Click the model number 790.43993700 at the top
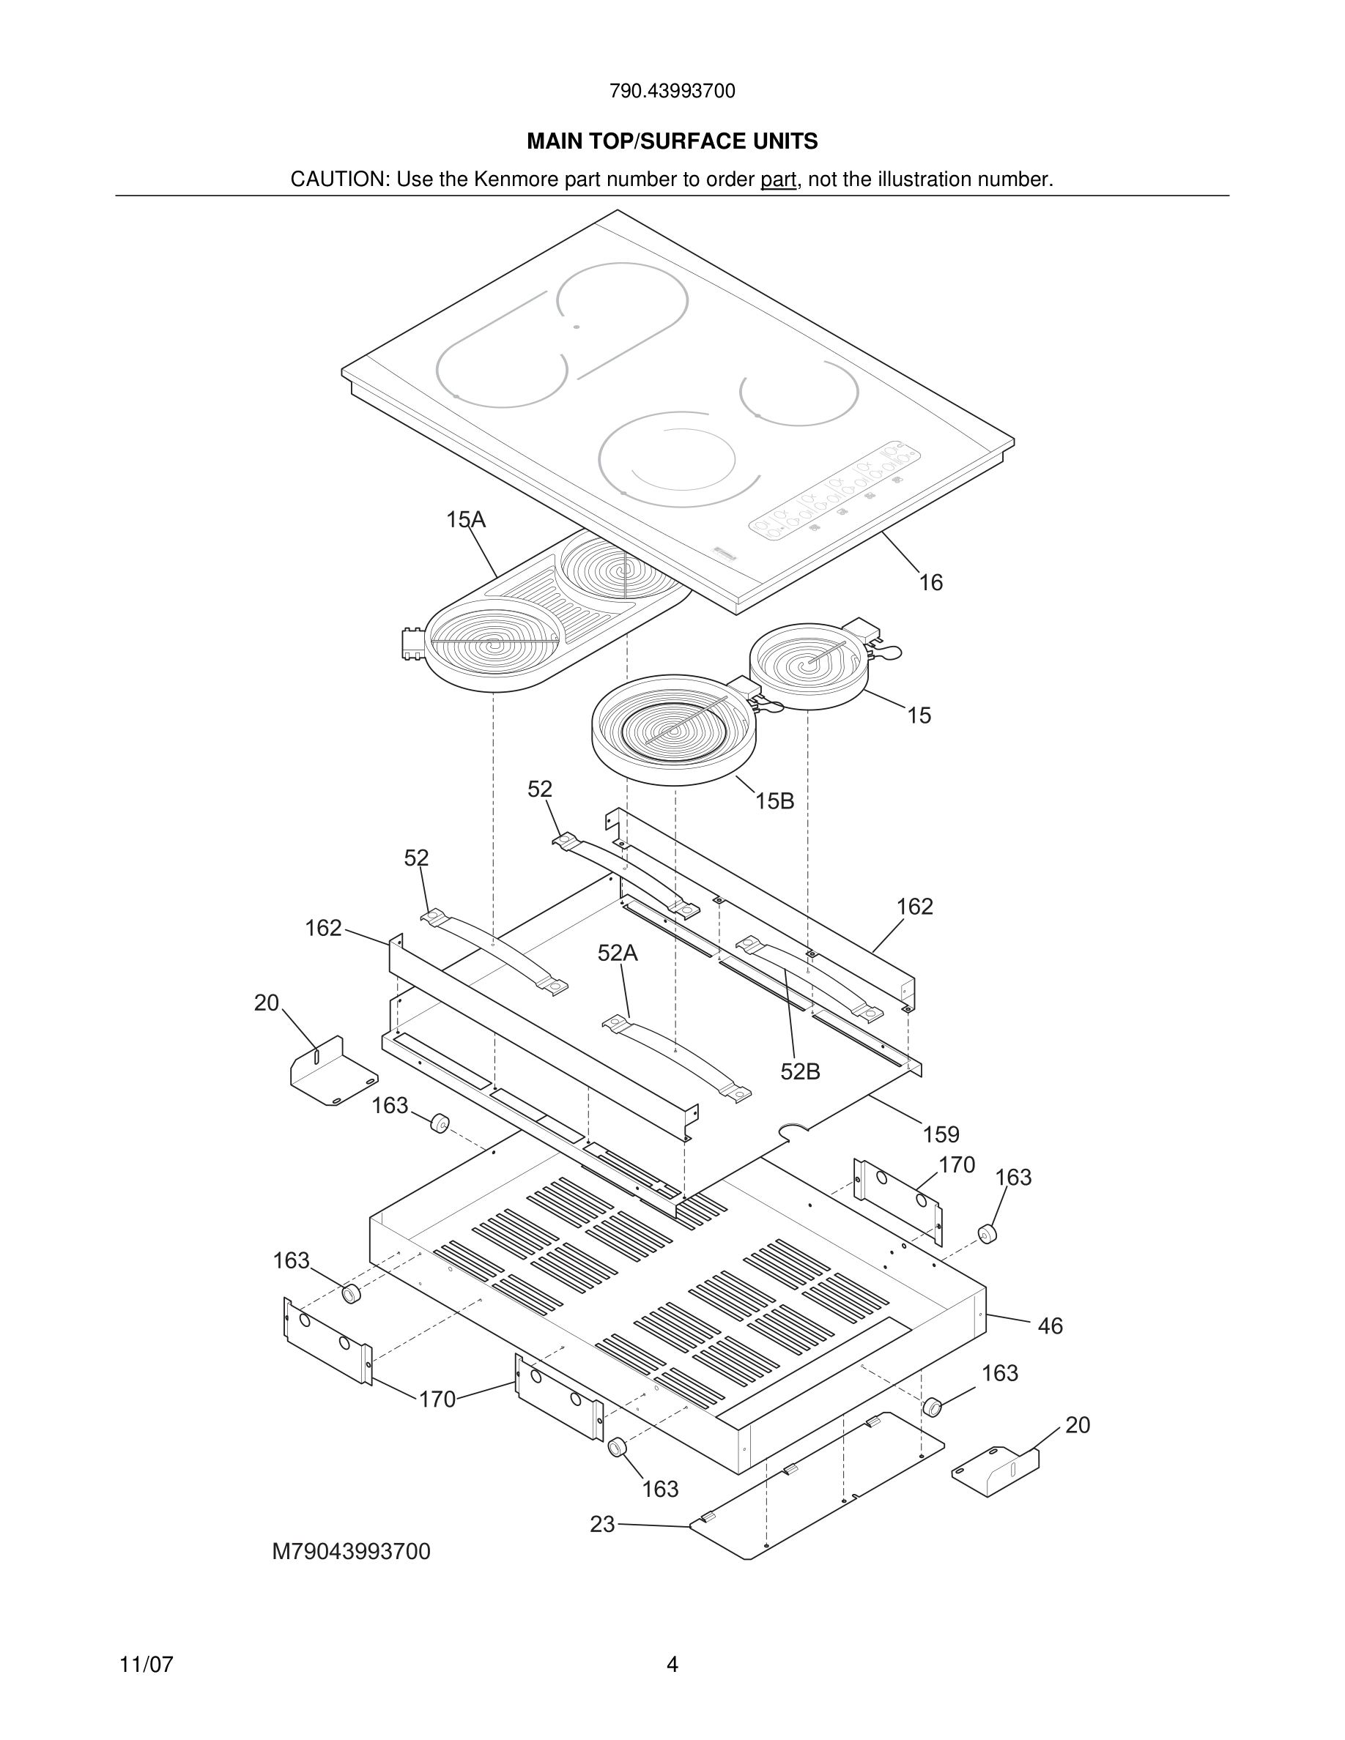[x=672, y=92]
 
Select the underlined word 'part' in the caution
[x=778, y=179]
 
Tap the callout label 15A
[x=465, y=520]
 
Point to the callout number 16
[x=930, y=583]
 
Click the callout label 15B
[x=774, y=801]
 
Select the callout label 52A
[x=618, y=953]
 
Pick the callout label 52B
[x=800, y=1072]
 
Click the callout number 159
[x=941, y=1134]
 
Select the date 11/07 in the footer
[x=146, y=1665]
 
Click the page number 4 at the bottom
[x=672, y=1665]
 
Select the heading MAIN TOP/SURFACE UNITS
[x=672, y=142]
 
